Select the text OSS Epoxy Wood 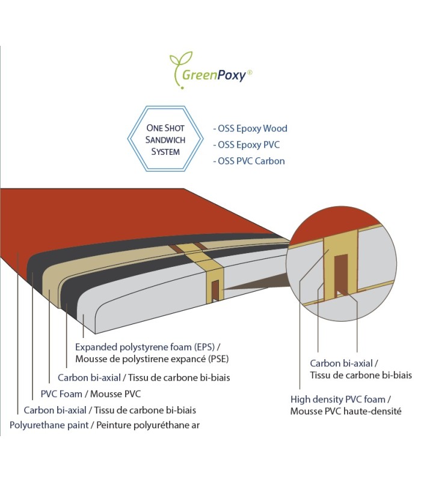[250, 128]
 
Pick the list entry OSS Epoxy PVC [247, 145]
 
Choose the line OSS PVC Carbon [249, 161]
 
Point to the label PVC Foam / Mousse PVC [90, 394]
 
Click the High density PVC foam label [341, 399]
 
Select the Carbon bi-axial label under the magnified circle [343, 363]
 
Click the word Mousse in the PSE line [91, 359]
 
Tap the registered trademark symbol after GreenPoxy [250, 72]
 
